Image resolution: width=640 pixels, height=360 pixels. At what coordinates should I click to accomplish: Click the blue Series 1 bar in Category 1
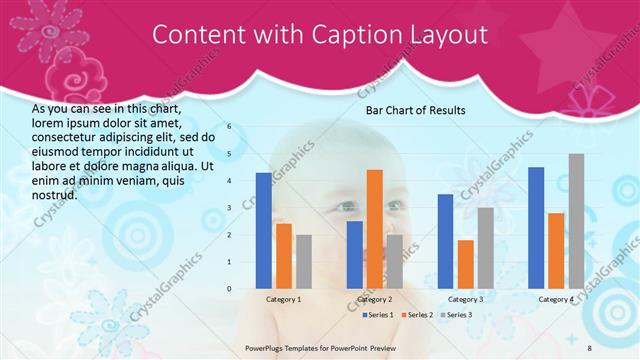pyautogui.click(x=263, y=231)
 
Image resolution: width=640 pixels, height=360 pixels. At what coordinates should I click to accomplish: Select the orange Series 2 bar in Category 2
pyautogui.click(x=374, y=229)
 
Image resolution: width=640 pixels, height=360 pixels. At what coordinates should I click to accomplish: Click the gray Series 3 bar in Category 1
pyautogui.click(x=303, y=262)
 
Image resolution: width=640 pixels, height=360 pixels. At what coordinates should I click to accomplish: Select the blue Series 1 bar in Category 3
pyautogui.click(x=445, y=241)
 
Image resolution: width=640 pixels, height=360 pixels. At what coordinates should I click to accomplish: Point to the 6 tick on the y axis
pyautogui.click(x=229, y=127)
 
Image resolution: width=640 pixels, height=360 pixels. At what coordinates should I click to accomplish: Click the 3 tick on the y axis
pyautogui.click(x=229, y=208)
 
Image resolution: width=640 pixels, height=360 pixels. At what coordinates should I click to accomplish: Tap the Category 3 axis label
pyautogui.click(x=465, y=299)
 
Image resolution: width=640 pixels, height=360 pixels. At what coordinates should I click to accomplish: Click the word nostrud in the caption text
pyautogui.click(x=54, y=194)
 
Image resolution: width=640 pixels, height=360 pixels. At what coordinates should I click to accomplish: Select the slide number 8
pyautogui.click(x=590, y=347)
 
